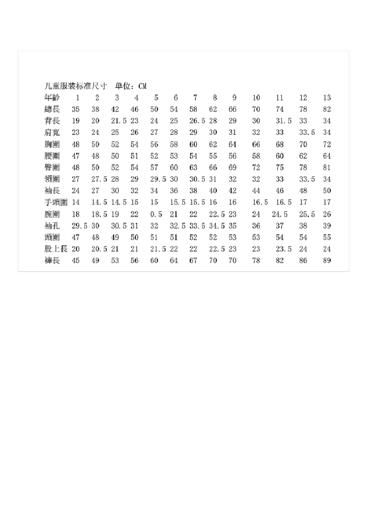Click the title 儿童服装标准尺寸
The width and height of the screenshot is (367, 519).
click(76, 86)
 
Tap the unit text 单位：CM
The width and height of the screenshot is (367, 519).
click(131, 86)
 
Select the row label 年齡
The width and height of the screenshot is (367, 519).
click(52, 98)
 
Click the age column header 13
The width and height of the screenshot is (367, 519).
click(327, 98)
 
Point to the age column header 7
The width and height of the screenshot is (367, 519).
click(195, 98)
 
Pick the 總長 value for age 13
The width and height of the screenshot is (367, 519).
click(327, 109)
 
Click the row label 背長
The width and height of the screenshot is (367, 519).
click(52, 121)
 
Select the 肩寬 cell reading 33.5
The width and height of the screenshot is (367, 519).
click(307, 132)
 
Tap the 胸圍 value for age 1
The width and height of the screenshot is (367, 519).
click(76, 144)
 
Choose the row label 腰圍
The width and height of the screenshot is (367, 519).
click(52, 156)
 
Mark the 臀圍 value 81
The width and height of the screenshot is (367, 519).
click(327, 168)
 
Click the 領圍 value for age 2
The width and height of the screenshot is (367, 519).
click(99, 179)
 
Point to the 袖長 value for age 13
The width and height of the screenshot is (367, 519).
click(327, 191)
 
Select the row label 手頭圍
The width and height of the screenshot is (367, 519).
click(56, 202)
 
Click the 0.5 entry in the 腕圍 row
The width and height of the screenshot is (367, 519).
click(156, 214)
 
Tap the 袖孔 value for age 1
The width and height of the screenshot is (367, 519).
click(79, 226)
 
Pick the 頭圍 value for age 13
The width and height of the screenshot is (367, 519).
click(327, 237)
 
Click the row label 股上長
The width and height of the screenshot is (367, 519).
click(56, 249)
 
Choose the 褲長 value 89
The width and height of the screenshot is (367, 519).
click(327, 261)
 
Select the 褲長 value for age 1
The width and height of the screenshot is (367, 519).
click(76, 261)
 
